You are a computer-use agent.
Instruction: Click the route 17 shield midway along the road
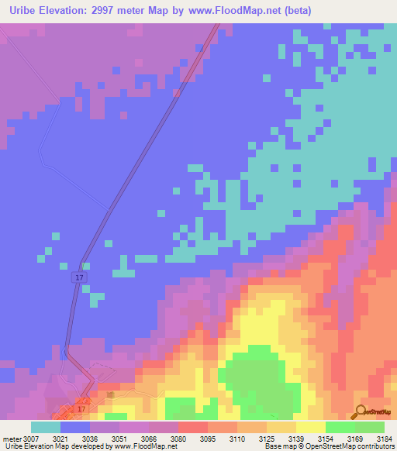[80, 277]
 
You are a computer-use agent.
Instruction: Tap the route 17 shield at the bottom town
[81, 408]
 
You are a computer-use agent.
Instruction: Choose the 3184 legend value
[384, 438]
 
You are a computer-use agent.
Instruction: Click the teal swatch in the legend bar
[46, 427]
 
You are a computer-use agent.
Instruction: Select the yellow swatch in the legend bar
[310, 427]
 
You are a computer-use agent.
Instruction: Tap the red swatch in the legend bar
[195, 427]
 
